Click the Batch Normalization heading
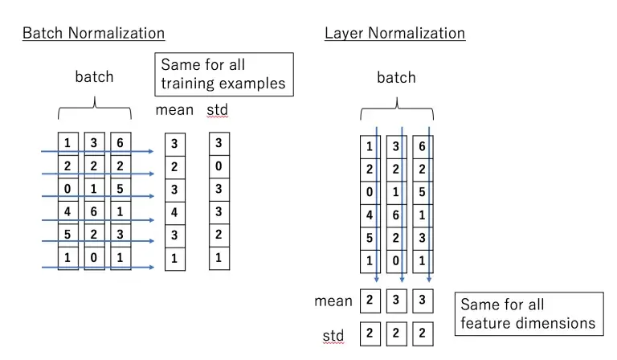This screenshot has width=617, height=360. [x=93, y=33]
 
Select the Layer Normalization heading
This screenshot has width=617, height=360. [x=394, y=33]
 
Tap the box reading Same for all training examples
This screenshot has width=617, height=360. [x=224, y=75]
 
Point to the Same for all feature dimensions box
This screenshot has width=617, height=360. [x=528, y=314]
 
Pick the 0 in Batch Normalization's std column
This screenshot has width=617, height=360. [x=218, y=168]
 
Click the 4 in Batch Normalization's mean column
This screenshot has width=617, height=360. [x=174, y=213]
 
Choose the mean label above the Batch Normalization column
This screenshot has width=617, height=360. [x=174, y=109]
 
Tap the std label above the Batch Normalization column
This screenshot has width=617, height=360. [x=217, y=109]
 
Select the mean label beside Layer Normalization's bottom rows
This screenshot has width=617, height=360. [x=333, y=301]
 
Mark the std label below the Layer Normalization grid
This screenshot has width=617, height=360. [x=333, y=335]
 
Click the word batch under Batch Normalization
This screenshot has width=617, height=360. [x=94, y=77]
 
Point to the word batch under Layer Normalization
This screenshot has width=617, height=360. [x=396, y=78]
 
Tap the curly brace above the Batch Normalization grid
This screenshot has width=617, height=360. [x=95, y=108]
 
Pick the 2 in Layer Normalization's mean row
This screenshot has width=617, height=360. [x=370, y=301]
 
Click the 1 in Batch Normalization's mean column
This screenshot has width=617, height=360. [x=174, y=260]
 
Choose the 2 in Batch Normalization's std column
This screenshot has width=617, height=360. [x=218, y=236]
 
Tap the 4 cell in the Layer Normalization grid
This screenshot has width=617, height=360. [x=370, y=215]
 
